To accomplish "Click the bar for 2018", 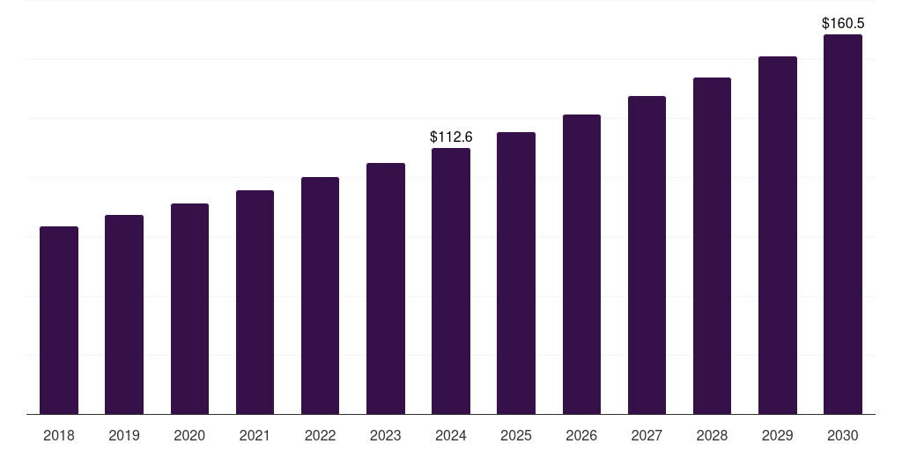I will pyautogui.click(x=59, y=321).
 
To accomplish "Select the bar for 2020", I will pyautogui.click(x=189, y=309).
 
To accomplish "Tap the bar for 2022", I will pyautogui.click(x=320, y=296).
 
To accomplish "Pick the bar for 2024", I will pyautogui.click(x=451, y=281).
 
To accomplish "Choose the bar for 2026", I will pyautogui.click(x=581, y=264).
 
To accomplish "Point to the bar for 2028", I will pyautogui.click(x=712, y=246).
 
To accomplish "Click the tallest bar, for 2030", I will pyautogui.click(x=842, y=225).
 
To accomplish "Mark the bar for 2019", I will pyautogui.click(x=124, y=314).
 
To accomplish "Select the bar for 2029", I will pyautogui.click(x=777, y=235).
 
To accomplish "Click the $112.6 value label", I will pyautogui.click(x=451, y=137).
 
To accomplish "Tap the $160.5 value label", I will pyautogui.click(x=843, y=23).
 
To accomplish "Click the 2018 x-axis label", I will pyautogui.click(x=59, y=435).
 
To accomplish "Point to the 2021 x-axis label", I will pyautogui.click(x=255, y=435).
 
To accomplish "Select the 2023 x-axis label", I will pyautogui.click(x=386, y=435).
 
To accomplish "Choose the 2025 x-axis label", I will pyautogui.click(x=516, y=435).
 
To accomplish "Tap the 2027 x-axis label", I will pyautogui.click(x=647, y=435).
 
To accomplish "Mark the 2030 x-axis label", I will pyautogui.click(x=842, y=435).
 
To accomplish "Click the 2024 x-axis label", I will pyautogui.click(x=451, y=435).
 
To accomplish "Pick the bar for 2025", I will pyautogui.click(x=516, y=273).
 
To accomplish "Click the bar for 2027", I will pyautogui.click(x=647, y=255).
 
